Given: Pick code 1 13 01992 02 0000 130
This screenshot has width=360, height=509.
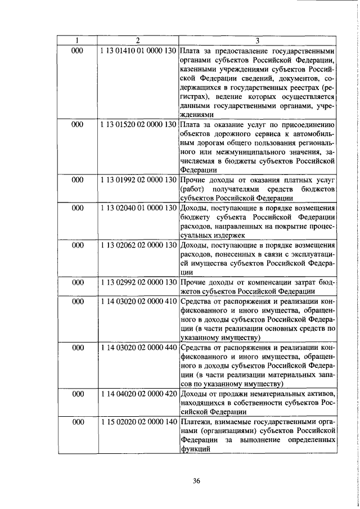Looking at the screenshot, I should pos(138,179).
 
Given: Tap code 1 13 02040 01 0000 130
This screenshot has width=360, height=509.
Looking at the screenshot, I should pos(138,208).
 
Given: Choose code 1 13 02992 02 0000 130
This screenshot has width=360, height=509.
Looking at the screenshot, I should pos(138,282).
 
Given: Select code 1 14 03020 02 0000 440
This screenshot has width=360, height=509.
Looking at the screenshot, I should pos(138,348).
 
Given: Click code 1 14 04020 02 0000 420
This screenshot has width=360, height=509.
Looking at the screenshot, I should pos(138,393).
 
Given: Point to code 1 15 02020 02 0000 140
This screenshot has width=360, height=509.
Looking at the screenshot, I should pos(138,422).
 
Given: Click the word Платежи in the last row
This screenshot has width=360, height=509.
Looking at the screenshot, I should pos(196,422).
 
